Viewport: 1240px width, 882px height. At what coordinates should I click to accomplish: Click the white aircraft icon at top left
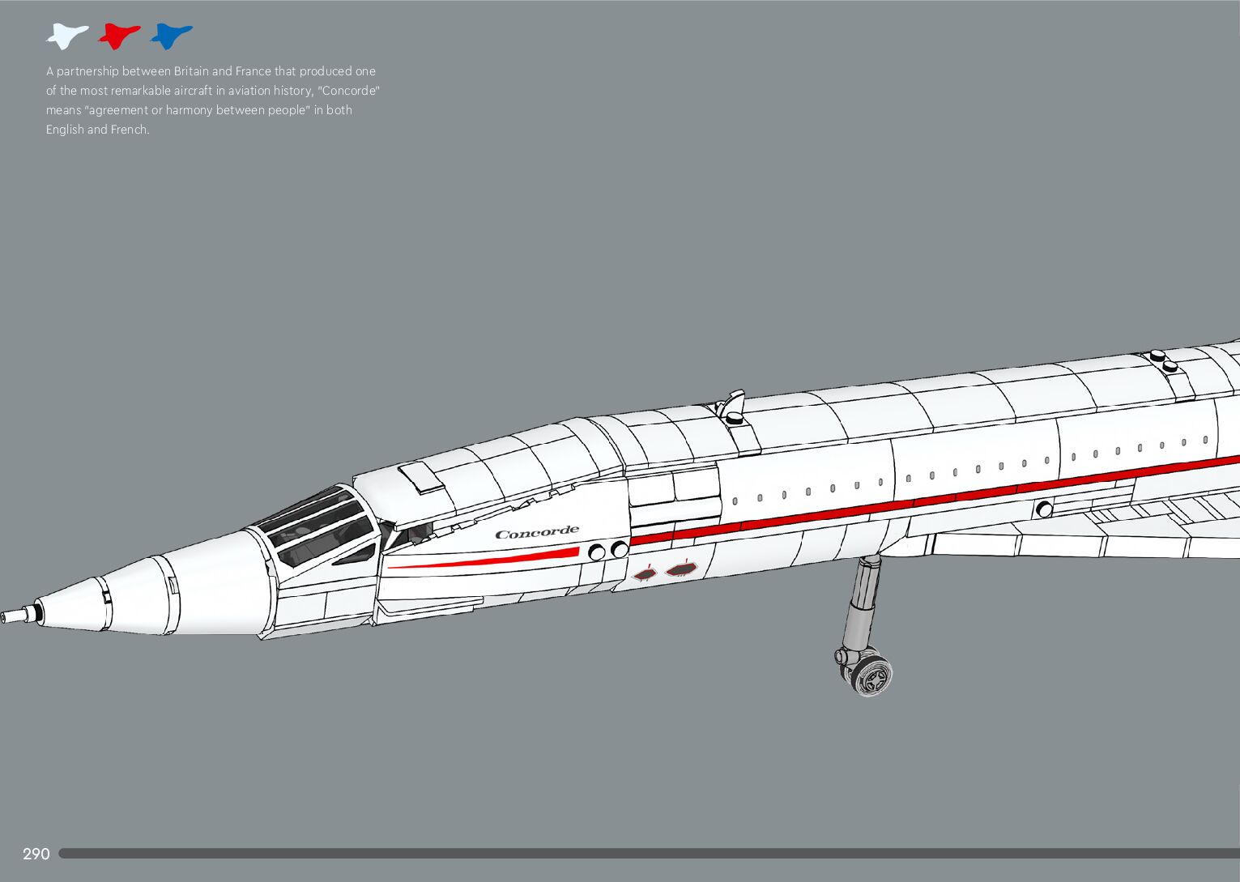click(66, 36)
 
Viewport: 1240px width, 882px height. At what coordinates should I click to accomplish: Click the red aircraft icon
click(119, 36)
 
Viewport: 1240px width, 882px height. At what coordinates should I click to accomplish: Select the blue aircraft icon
click(171, 36)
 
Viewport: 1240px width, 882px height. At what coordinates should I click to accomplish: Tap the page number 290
click(36, 854)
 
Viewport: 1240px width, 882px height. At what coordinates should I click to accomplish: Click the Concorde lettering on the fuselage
click(537, 533)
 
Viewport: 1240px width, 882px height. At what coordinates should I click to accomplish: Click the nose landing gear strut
click(857, 603)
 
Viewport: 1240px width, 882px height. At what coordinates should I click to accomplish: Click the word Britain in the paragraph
click(191, 71)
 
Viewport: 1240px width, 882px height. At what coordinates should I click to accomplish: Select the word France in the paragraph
click(254, 71)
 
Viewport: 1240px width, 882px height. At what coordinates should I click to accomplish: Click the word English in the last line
click(65, 130)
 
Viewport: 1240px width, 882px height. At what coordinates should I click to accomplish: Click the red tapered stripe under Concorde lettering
click(486, 560)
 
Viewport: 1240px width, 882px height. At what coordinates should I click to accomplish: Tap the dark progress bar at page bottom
click(648, 853)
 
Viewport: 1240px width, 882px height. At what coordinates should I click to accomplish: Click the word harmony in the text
click(189, 110)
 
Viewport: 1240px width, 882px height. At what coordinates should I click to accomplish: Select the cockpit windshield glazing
click(316, 526)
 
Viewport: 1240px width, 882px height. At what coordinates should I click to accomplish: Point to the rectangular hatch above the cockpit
click(421, 476)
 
